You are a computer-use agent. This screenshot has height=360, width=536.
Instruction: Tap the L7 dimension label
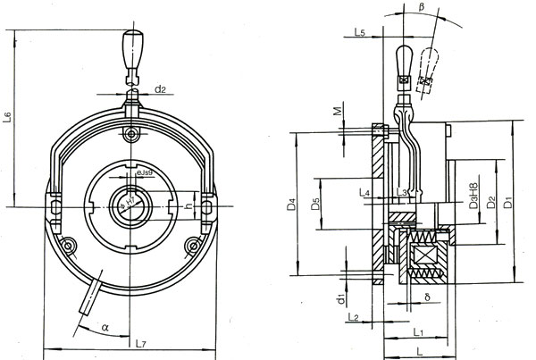coord(140,342)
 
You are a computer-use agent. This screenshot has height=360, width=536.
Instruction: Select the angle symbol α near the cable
coord(105,328)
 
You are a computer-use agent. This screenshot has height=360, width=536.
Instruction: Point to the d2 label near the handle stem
coord(160,88)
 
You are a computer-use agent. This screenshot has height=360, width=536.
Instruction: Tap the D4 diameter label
coord(291,205)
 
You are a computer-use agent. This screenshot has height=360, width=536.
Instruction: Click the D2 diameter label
coord(490,204)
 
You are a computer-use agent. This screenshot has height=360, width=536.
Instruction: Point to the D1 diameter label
coord(507,204)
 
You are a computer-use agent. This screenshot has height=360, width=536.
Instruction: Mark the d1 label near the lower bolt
coord(340,295)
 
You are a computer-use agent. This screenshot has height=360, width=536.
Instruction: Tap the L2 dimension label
coord(352,317)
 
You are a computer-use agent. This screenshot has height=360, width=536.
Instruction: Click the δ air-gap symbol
coord(428,295)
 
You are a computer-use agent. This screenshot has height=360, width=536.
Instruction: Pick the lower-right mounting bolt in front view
coord(189,244)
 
